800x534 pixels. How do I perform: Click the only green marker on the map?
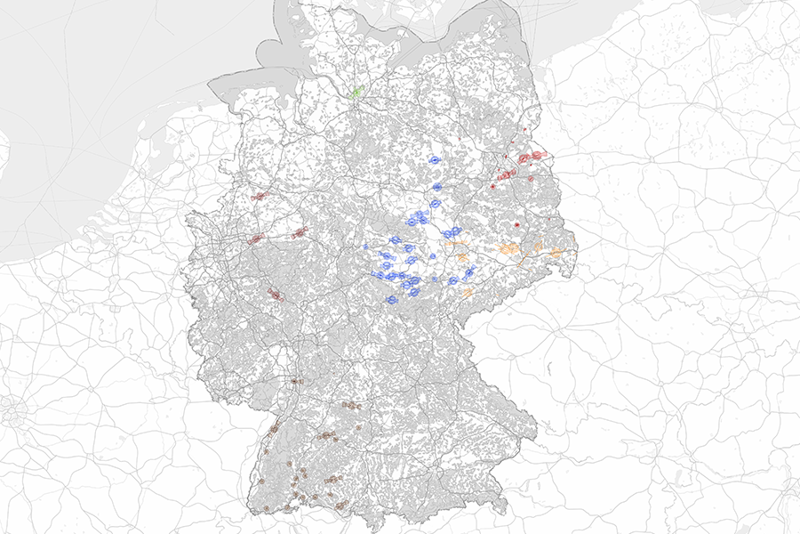point(356,91)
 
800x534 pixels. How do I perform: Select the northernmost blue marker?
point(435,160)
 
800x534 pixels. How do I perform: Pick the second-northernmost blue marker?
point(437,188)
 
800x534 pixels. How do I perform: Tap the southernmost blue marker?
point(390,301)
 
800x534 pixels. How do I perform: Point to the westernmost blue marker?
point(366,247)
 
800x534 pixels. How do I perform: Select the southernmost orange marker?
point(467,292)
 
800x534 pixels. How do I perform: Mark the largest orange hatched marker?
point(510,249)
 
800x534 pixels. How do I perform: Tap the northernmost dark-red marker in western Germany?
point(259,196)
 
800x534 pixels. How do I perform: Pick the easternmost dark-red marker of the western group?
point(300,233)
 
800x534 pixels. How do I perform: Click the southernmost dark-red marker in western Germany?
point(276,295)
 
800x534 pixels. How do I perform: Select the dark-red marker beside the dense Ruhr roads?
point(256,239)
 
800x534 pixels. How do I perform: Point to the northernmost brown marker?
point(295,381)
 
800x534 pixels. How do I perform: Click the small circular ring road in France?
point(12,414)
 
